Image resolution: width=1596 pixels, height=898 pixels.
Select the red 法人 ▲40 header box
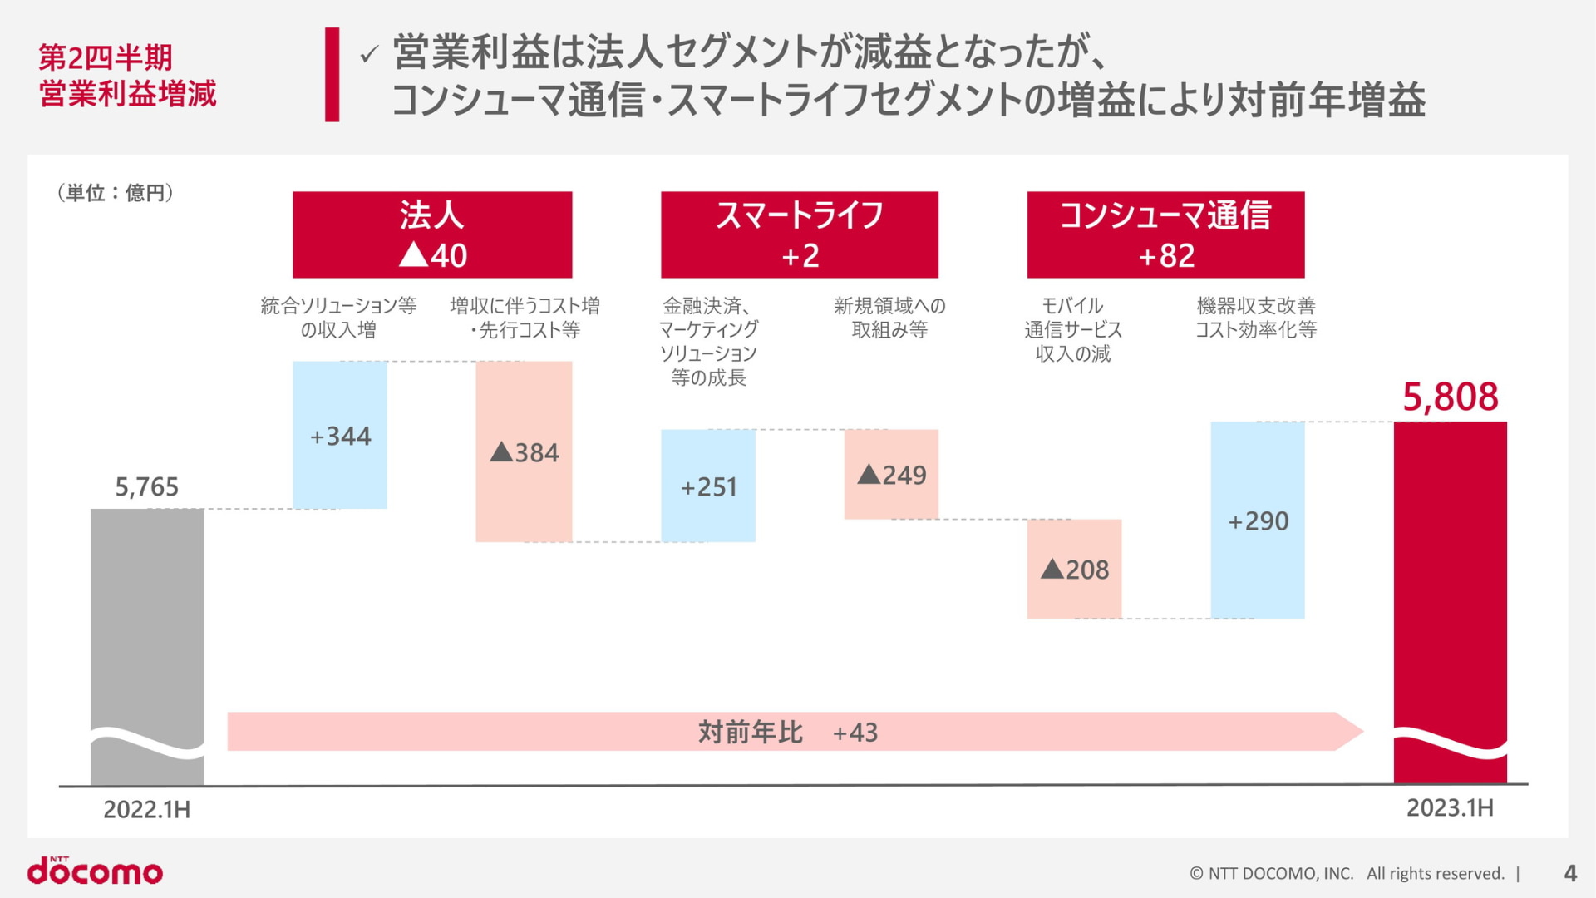(432, 234)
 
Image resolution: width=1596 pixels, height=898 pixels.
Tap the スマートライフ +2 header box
(800, 234)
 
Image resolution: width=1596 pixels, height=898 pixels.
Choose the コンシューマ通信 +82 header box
(1165, 234)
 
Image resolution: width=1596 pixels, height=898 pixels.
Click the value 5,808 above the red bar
(1451, 397)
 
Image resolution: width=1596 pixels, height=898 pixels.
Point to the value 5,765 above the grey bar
(147, 486)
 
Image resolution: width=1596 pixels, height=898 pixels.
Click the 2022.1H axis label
(147, 809)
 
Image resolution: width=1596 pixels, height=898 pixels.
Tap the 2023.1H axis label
(1450, 807)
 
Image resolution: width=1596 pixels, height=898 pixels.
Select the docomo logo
(96, 871)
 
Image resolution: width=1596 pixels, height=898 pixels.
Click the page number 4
(1570, 873)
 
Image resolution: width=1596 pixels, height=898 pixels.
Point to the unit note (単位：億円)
(116, 193)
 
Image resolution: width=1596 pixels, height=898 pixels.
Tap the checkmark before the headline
(369, 55)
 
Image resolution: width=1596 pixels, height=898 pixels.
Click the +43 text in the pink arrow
(855, 733)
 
